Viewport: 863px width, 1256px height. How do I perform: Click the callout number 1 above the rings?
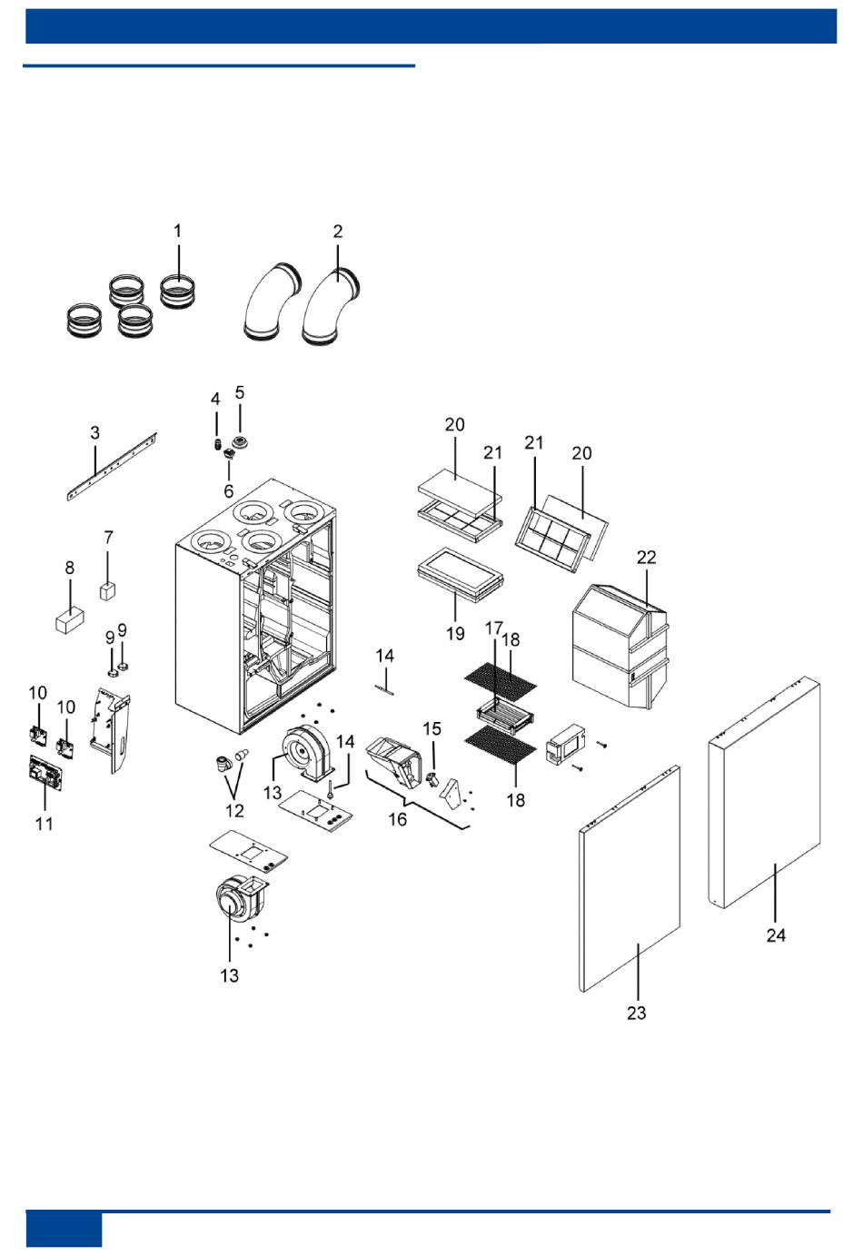click(178, 231)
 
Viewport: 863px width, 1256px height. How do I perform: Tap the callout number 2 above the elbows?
click(338, 231)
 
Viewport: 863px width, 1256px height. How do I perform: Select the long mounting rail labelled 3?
click(112, 467)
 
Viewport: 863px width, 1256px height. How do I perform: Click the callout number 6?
click(229, 491)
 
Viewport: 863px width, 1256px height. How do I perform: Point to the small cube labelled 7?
click(108, 591)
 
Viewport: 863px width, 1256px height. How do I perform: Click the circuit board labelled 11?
click(45, 772)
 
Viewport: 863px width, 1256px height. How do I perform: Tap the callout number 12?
click(235, 811)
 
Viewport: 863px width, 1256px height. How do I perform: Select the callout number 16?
click(398, 820)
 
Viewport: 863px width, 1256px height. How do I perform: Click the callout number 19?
click(455, 634)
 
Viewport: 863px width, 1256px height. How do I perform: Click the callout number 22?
click(647, 558)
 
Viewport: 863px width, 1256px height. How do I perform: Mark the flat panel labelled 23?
click(630, 878)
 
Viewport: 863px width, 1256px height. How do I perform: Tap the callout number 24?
click(777, 935)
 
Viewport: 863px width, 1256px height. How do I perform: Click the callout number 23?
click(637, 1013)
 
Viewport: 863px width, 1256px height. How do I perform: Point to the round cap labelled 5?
click(241, 442)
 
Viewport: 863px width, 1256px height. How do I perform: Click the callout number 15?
click(431, 729)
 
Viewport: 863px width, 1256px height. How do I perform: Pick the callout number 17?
click(494, 628)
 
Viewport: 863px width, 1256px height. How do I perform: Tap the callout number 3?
click(95, 433)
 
